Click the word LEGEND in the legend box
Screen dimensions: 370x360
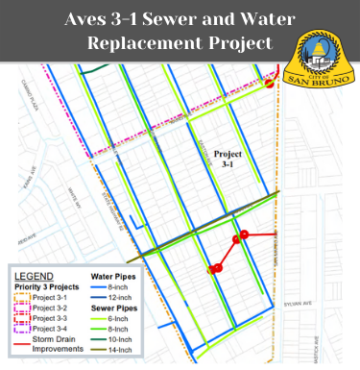pos(35,276)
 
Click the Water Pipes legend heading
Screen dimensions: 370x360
pos(115,276)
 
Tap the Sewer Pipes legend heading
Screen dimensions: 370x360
pos(116,308)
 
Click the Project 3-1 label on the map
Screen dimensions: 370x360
pos(228,159)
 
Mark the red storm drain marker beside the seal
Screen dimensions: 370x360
pos(271,83)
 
